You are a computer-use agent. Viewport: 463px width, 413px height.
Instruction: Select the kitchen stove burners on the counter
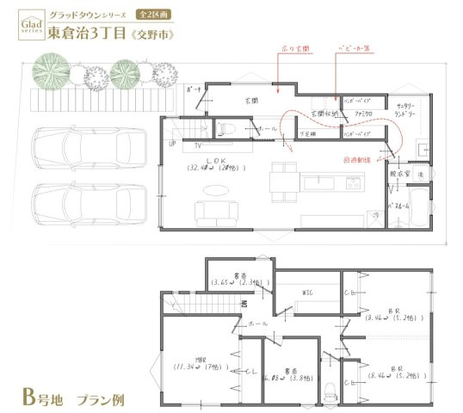click(x=352, y=182)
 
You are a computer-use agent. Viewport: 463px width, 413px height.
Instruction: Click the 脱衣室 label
click(x=398, y=172)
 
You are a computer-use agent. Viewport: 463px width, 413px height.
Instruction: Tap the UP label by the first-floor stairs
click(x=173, y=143)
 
